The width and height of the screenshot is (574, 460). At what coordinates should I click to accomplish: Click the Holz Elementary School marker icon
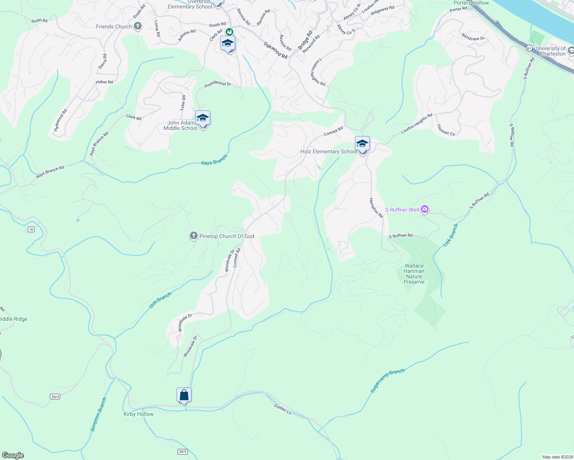click(x=362, y=144)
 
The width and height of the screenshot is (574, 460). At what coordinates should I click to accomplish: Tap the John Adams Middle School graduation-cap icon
click(x=203, y=118)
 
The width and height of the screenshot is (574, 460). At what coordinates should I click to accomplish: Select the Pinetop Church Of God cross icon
click(x=194, y=236)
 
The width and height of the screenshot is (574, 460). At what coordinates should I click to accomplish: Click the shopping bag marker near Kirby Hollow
click(x=184, y=395)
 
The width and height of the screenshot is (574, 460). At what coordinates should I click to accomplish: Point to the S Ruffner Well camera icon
click(x=424, y=209)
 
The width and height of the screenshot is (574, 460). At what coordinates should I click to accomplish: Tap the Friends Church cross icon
click(x=138, y=26)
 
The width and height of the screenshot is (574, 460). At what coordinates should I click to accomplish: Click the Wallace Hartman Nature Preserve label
click(x=414, y=274)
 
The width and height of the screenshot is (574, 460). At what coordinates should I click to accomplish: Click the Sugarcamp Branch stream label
click(x=387, y=381)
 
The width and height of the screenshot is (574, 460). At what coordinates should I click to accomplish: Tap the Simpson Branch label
click(x=99, y=415)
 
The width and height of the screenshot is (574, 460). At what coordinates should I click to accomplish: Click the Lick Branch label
click(x=450, y=235)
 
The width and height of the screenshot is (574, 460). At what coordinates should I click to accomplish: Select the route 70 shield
click(x=31, y=230)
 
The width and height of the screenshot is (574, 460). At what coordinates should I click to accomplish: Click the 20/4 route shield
click(x=55, y=396)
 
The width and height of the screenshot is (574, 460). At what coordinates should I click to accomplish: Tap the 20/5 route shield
click(x=183, y=452)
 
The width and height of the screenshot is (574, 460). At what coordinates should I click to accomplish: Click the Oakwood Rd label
click(x=275, y=50)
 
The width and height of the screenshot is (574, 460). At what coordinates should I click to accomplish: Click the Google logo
click(x=13, y=455)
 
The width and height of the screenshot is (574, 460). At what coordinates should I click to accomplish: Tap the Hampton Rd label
click(x=376, y=208)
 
